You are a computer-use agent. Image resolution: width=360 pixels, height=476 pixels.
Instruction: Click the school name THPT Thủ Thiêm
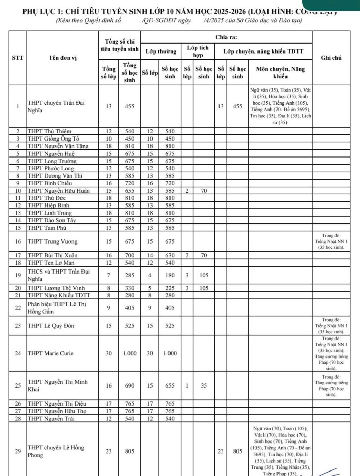point(49,131)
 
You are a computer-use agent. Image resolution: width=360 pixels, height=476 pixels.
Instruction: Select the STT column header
point(18,58)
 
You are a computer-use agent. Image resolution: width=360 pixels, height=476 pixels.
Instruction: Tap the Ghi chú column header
point(331,58)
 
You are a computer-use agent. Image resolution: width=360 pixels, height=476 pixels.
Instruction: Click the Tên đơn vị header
point(62,58)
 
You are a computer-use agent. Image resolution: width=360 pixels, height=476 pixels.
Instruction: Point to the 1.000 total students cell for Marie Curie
point(129,353)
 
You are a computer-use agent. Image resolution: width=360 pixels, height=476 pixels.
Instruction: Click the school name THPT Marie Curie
point(50,353)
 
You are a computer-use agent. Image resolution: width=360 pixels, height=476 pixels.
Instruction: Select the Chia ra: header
point(226,37)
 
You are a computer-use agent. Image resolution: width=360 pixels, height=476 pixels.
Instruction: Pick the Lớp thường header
point(160,51)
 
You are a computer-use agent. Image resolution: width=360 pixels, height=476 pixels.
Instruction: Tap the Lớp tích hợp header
point(198,51)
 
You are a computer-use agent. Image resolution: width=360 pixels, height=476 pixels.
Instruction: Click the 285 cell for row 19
point(129,275)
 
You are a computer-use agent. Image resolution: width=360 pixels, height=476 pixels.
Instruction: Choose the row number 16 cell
point(18,241)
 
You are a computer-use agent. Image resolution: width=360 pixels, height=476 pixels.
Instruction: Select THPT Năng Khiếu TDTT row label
point(59,295)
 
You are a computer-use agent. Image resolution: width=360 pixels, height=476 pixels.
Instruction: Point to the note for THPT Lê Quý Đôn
point(331,326)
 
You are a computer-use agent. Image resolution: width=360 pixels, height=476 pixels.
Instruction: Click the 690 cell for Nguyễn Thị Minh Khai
point(129,385)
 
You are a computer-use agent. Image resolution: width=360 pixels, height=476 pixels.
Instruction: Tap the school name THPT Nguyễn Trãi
point(51,419)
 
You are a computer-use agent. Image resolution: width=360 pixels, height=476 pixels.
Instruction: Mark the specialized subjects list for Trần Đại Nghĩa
point(280,106)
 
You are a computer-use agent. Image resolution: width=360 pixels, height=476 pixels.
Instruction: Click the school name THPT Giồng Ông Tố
point(53,139)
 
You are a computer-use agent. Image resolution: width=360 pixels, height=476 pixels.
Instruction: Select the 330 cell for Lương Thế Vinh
point(129,288)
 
